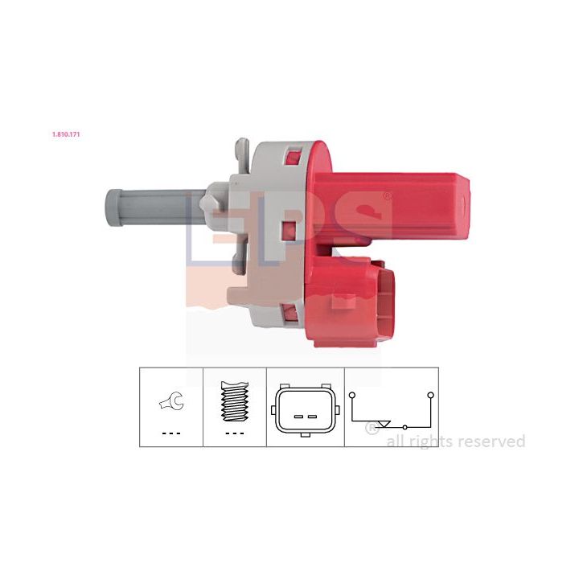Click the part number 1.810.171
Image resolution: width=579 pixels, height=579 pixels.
coord(66,134)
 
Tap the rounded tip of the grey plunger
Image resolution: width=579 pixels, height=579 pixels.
coord(113,208)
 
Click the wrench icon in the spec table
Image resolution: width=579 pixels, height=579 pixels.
coord(172,401)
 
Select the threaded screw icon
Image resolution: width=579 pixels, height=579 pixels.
coord(235,401)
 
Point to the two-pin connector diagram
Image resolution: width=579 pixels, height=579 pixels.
coord(306,410)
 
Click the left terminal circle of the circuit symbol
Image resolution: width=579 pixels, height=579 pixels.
coord(352,395)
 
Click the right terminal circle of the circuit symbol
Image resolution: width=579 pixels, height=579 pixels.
coord(430,395)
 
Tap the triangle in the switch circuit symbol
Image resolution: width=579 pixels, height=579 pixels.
coord(384,424)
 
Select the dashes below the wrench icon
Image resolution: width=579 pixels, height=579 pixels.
coord(171,433)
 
